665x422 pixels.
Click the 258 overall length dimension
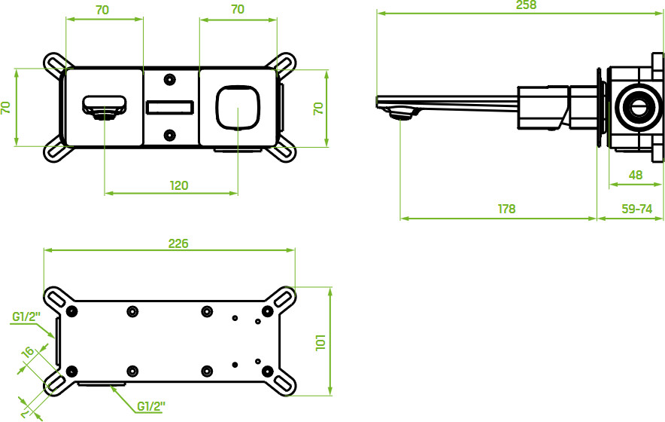[526, 5]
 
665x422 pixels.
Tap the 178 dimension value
[506, 209]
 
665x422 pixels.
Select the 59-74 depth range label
[636, 209]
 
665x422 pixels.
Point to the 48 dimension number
[636, 175]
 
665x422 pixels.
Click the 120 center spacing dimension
[179, 185]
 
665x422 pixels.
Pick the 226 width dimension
[178, 243]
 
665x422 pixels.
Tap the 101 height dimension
[320, 342]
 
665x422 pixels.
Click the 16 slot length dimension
[28, 353]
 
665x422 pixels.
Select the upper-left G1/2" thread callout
[26, 317]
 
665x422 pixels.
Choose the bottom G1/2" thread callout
[151, 407]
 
